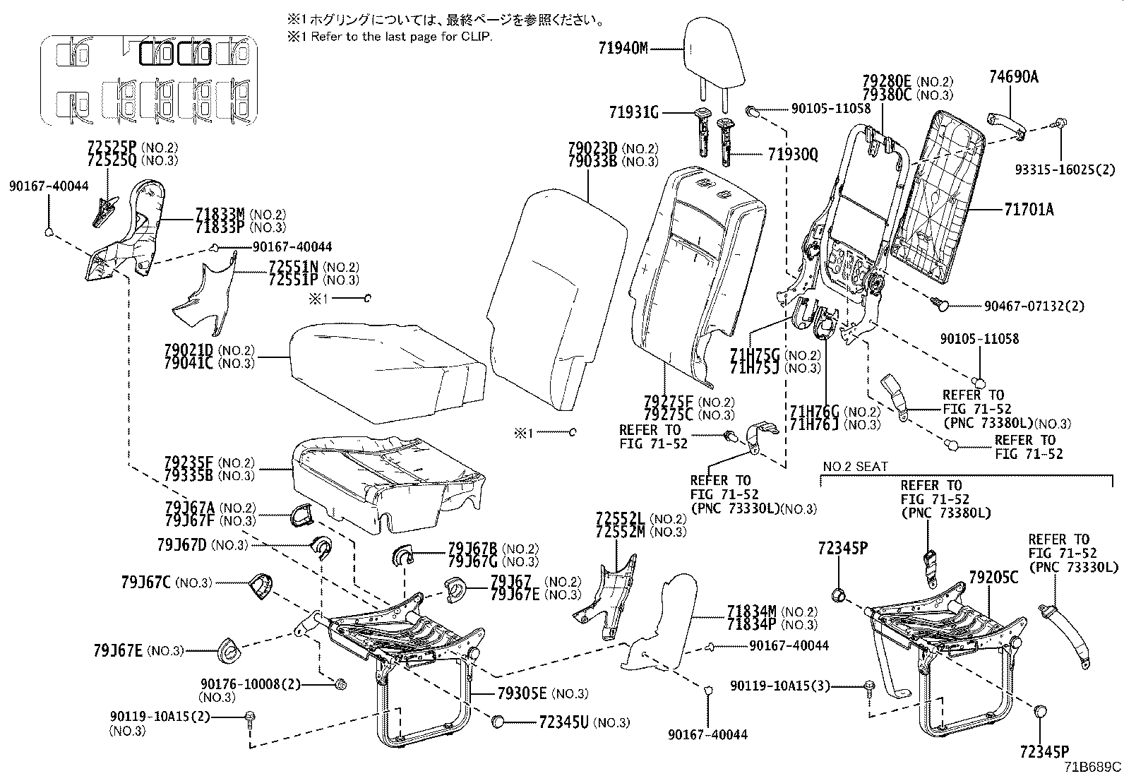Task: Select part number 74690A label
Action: (x=1013, y=77)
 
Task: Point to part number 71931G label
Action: (x=633, y=112)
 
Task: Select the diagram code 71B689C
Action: (x=1094, y=767)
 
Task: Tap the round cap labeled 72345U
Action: (x=498, y=721)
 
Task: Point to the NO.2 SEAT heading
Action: (x=855, y=467)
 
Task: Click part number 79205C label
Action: (x=993, y=578)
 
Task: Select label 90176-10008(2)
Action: (x=251, y=684)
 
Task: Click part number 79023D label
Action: (x=593, y=148)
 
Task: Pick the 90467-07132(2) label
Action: (x=1034, y=306)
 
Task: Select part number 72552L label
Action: (x=621, y=518)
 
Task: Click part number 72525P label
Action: (x=112, y=148)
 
